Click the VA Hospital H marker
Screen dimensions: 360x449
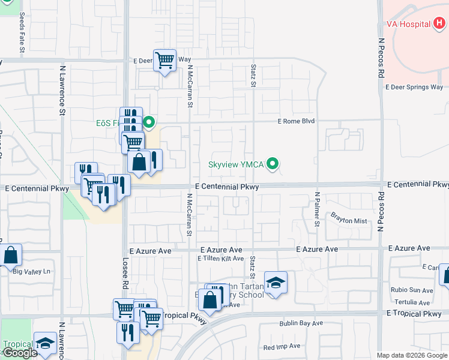click(440, 24)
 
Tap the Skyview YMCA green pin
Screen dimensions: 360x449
click(274, 163)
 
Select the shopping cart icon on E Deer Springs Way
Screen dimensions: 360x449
click(164, 60)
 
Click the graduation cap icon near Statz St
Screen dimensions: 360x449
click(276, 283)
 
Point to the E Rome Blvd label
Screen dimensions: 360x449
click(296, 121)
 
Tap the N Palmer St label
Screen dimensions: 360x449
click(317, 209)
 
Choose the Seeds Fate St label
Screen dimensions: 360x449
click(22, 34)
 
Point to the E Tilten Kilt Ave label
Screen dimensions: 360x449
click(220, 259)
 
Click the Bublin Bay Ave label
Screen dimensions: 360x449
click(301, 323)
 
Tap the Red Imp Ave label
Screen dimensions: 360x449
click(282, 347)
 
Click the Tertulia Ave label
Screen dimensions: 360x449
click(412, 302)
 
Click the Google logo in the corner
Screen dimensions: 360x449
click(19, 353)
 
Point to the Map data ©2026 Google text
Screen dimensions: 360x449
click(411, 355)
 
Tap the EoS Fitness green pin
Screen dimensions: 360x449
click(149, 124)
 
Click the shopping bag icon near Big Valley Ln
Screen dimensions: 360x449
click(11, 255)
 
